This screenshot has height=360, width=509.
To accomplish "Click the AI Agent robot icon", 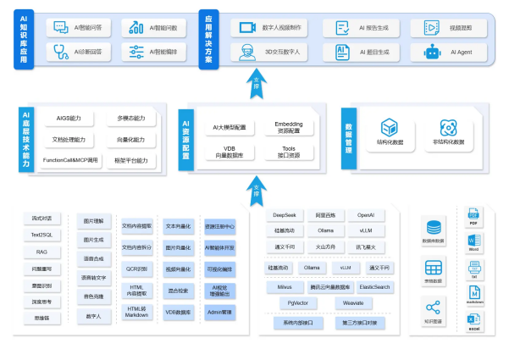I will point(433,52).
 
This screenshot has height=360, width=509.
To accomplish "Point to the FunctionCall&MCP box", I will point(70,159).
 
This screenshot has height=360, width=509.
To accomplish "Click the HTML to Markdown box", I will point(137,313).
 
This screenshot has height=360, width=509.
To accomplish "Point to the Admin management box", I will point(220,313).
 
